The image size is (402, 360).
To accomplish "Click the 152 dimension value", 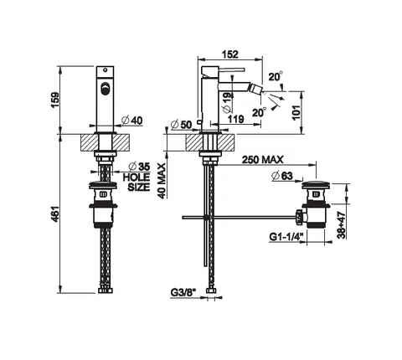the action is (230, 54).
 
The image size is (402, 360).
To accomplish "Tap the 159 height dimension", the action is (55, 100).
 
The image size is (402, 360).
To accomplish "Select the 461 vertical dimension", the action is (55, 214).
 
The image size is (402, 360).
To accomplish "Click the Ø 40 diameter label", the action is (132, 121).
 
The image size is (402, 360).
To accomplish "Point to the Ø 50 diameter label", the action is (182, 125).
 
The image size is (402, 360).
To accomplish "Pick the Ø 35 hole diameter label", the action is (139, 167).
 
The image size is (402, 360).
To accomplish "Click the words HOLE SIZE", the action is (137, 182).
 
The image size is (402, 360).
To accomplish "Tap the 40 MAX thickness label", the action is (162, 181).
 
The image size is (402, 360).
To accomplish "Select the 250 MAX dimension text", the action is (262, 160).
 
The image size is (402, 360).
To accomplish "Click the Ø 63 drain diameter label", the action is (282, 176).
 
